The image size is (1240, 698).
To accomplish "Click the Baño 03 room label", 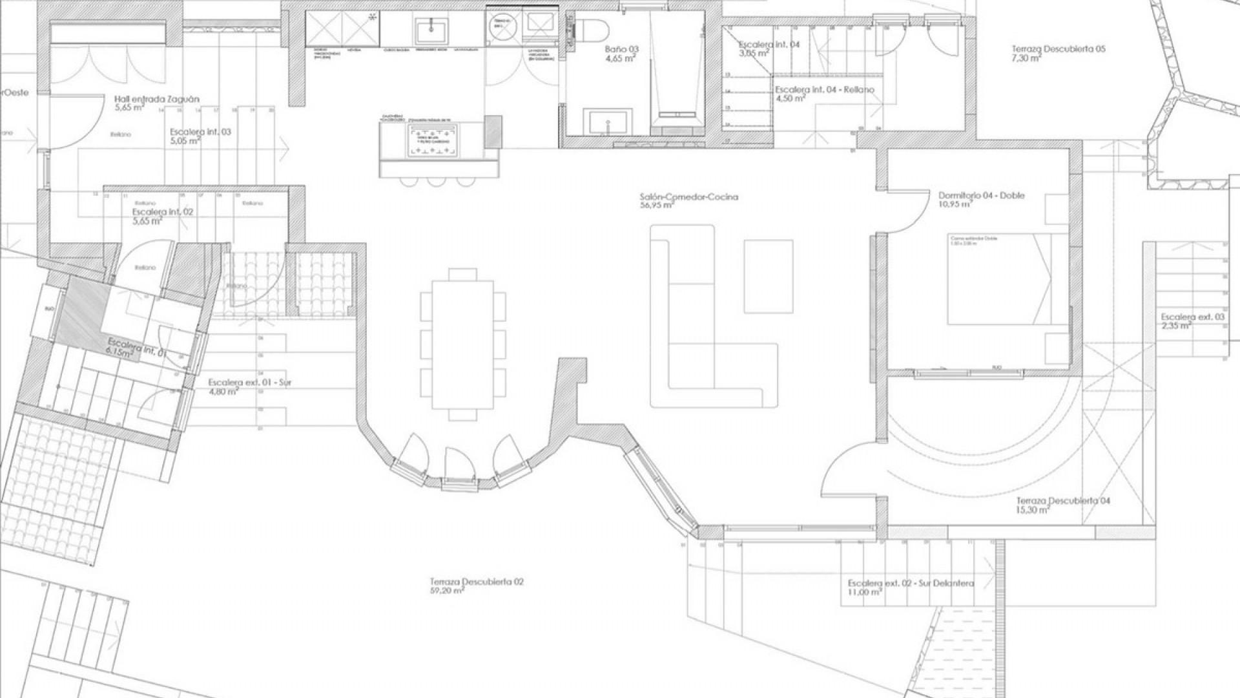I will (x=621, y=49).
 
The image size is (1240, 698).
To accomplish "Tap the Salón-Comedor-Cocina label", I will (x=688, y=196).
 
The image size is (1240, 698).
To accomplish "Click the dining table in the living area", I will (x=463, y=344).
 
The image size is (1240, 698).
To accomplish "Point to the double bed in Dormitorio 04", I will (x=998, y=279).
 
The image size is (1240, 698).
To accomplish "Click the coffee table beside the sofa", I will (x=769, y=276).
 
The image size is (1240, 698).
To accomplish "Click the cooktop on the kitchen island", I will (x=433, y=140).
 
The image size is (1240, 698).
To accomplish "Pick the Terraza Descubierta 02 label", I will (x=477, y=582).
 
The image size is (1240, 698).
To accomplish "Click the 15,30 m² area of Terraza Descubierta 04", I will (x=1033, y=510).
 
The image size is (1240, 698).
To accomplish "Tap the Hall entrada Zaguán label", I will (x=156, y=100).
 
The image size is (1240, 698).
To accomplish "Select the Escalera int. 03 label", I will (x=200, y=132).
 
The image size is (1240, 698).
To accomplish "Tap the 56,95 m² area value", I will (x=657, y=206).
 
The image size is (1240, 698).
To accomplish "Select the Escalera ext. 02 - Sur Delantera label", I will (x=911, y=583).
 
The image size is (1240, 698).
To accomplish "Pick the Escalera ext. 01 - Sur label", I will (x=249, y=383).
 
